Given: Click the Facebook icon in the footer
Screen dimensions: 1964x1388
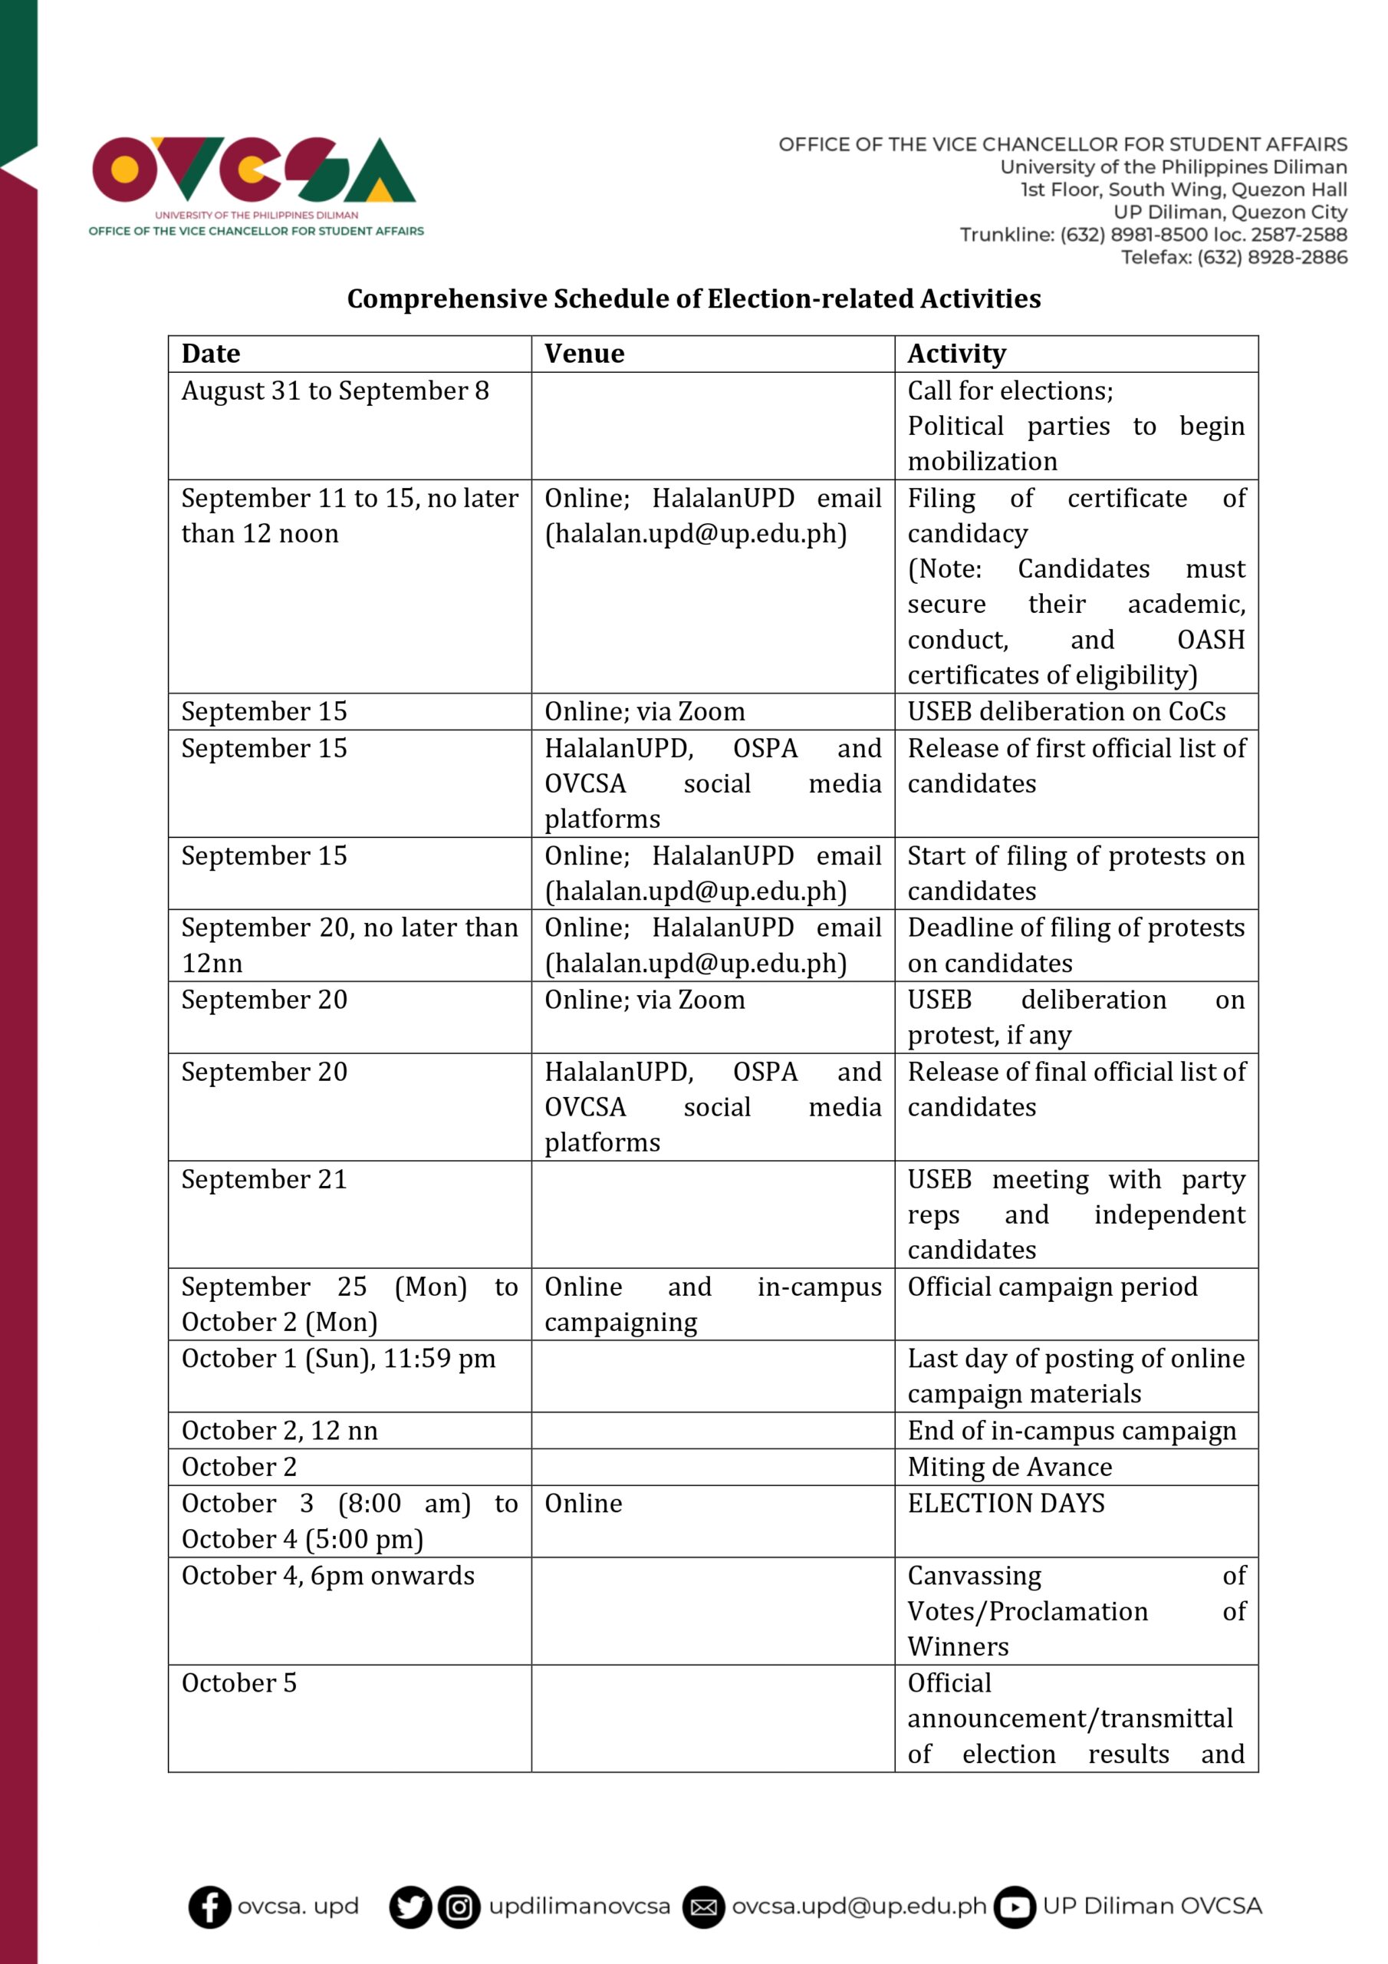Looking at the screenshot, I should tap(209, 1906).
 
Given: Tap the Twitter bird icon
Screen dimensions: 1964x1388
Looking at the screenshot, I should tap(409, 1906).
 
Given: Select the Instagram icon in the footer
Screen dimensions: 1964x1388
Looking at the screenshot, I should tap(459, 1906).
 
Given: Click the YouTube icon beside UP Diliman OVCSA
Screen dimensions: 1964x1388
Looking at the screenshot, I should tap(1015, 1906).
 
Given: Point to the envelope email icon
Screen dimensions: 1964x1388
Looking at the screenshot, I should tap(703, 1906).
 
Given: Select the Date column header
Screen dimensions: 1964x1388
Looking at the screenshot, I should tap(211, 353).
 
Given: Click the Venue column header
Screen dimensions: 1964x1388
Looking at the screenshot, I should tap(584, 353).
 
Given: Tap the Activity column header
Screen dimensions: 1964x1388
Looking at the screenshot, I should tap(956, 353).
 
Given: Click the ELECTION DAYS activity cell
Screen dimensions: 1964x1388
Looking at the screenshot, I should tap(1005, 1503).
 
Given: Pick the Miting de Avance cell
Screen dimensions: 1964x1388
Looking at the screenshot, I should tap(1009, 1467).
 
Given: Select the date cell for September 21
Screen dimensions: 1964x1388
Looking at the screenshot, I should tap(265, 1180).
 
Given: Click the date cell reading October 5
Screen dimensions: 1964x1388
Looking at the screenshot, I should tap(239, 1682).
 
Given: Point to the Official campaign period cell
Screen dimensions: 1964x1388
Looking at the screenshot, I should tap(1052, 1287).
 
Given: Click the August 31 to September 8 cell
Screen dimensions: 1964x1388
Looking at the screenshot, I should tap(335, 391).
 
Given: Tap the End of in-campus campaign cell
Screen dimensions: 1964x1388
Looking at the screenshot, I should tap(1071, 1430).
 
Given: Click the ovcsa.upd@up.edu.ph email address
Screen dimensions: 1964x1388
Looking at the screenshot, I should tap(859, 1906).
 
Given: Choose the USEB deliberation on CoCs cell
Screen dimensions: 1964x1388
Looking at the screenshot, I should tap(1067, 711).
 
